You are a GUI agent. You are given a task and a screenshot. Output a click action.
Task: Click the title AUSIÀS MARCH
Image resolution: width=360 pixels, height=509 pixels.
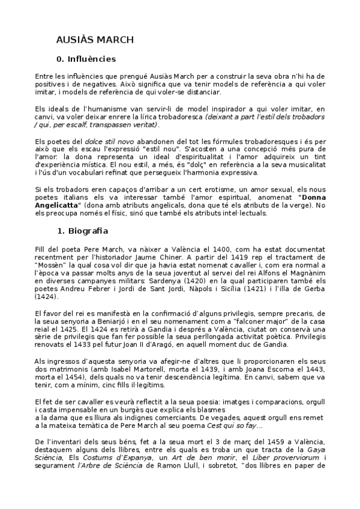click(x=95, y=40)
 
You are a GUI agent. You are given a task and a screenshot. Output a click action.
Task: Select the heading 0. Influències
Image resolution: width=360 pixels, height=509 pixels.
click(x=86, y=59)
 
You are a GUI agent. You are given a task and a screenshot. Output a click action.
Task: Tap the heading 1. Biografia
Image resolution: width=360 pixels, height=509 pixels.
click(x=84, y=230)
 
